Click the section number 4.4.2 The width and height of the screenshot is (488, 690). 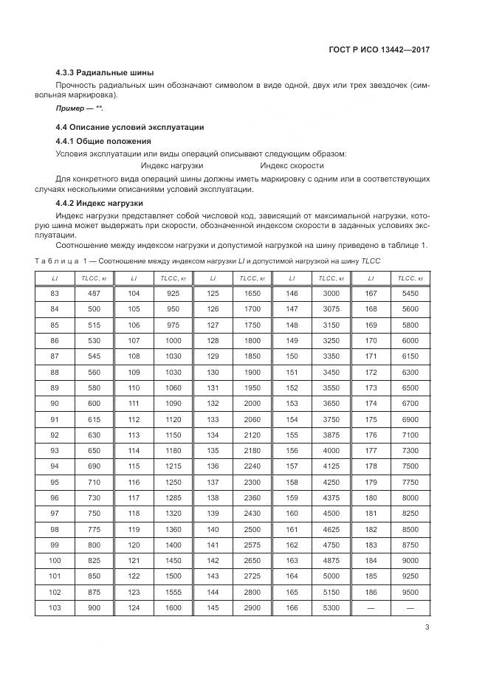point(68,202)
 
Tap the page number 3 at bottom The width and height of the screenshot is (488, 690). point(427,627)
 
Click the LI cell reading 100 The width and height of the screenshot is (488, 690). point(54,561)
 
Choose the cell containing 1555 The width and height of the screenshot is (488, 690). point(173,592)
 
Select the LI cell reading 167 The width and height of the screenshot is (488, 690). point(371,293)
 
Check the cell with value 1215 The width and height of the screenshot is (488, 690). point(173,467)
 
